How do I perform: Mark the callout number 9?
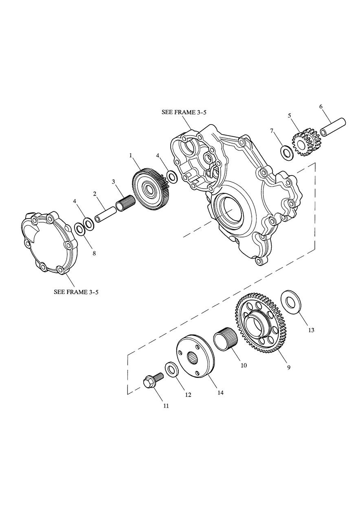click(x=288, y=367)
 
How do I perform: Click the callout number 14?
click(x=220, y=393)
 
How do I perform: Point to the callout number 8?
click(x=94, y=253)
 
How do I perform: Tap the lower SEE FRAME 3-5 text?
click(x=76, y=292)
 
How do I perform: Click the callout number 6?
click(x=320, y=107)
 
